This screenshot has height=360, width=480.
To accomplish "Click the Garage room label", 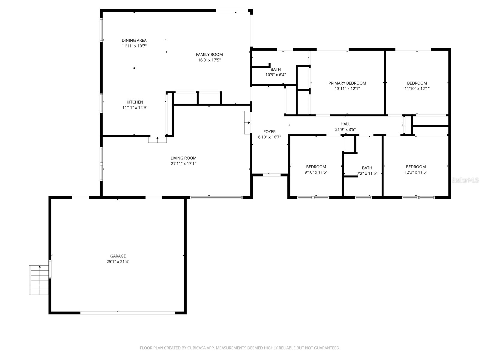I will coord(118,256).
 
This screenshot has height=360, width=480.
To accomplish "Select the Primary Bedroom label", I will coord(347,83).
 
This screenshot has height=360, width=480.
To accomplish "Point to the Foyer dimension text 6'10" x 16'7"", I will coord(269,137).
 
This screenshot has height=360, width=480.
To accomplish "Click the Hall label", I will coord(345,124).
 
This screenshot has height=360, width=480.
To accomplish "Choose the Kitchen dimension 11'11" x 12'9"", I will coord(135,107).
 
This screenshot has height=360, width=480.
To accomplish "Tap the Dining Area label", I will coord(134,40).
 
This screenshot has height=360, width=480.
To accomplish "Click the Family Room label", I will coord(209,54).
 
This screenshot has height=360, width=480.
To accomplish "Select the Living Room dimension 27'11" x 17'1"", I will coord(183,163).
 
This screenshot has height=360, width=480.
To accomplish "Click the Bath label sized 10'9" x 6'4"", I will coord(276,69).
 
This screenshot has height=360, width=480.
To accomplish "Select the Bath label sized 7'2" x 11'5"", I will coord(367,168).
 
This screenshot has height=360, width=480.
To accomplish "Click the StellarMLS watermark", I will coord(465,180).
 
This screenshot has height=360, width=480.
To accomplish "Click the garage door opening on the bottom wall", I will coord(127,313).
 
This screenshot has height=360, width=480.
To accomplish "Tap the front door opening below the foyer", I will coord(271,174).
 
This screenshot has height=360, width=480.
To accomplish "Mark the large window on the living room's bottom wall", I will coord(216,197).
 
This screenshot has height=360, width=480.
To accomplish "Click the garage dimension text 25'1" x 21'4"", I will coord(118,262).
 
